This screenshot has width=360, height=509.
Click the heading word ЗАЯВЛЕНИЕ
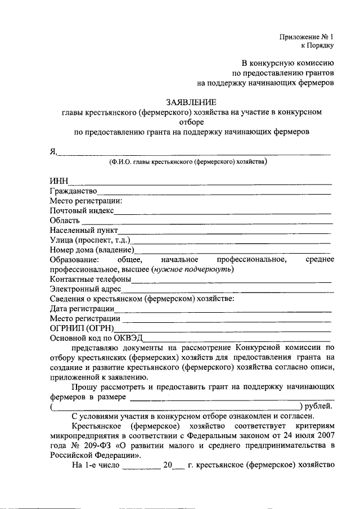(191, 102)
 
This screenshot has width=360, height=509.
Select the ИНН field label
(58, 181)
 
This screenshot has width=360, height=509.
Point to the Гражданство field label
(73, 191)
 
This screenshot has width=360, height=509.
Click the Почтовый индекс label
(82, 210)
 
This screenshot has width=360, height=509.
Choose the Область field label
(64, 220)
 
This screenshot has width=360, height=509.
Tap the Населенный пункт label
(84, 230)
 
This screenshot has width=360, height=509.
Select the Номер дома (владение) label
(92, 249)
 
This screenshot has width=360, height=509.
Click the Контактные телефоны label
(90, 279)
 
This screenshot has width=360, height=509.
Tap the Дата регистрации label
(82, 309)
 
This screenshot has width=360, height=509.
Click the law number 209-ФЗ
(87, 446)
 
